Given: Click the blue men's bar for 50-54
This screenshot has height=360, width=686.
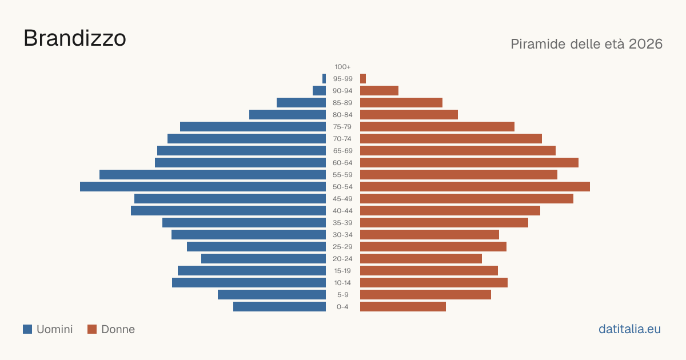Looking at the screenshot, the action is pos(203,187).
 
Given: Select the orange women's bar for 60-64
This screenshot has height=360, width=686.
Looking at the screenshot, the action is pos(469,162).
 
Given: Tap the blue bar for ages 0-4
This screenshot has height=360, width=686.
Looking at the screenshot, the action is pos(280,307).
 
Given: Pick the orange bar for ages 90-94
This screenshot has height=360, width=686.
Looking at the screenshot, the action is pos(379,91).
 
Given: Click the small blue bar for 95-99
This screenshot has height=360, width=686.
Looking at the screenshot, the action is pos(324,79).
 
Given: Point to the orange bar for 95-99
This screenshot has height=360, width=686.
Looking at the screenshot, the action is pos(363,79).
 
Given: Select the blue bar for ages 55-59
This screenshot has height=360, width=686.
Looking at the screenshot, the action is pos(213,175).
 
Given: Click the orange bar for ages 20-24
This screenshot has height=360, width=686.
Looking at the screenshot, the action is pos(421,259).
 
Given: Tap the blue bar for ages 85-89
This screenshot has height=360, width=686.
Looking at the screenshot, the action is pos(301,102).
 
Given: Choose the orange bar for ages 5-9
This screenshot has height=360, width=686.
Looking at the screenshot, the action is pos(425,295).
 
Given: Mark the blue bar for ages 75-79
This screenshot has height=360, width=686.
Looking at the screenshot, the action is pos(253,127).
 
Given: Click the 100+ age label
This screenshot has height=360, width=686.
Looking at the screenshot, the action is pos(342,67).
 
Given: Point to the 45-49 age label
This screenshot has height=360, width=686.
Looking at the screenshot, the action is pos(342,199).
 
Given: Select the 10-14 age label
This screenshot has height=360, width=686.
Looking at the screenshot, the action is pos(342,283).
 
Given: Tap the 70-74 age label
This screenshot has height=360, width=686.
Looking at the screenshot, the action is pos(342,139).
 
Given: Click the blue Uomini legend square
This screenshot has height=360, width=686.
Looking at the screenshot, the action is pos(27,329).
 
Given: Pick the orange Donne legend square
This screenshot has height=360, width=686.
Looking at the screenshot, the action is pos(92,329).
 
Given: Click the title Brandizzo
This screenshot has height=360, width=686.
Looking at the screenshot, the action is pos(75,38).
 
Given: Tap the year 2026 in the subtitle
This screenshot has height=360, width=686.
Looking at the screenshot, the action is pos(645,44).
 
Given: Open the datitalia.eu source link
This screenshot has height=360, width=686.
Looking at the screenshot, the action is pos(629,329).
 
